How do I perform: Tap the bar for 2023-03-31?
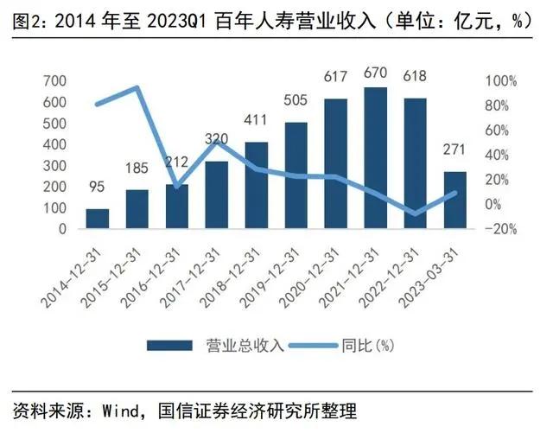[x=454, y=201]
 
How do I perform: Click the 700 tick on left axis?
[x=54, y=81]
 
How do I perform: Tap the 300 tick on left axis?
[x=54, y=166]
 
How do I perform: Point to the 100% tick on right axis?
[x=501, y=81]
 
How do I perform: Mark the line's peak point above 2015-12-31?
[x=137, y=87]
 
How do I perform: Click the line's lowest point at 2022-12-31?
[x=416, y=213]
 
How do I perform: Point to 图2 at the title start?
[x=27, y=20]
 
